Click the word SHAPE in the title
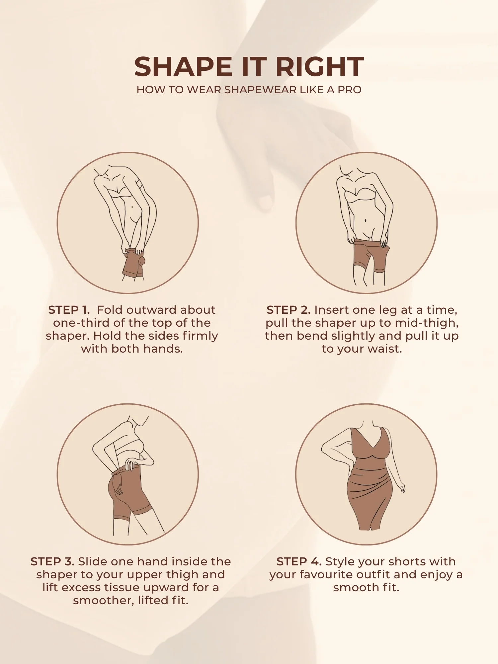point(183,67)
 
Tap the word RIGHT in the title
point(320,67)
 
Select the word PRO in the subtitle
point(350,90)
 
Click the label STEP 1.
point(69,310)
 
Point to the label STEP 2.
point(289,310)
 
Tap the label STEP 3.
point(52,561)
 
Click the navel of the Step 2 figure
point(366,220)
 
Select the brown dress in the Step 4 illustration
point(370,478)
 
